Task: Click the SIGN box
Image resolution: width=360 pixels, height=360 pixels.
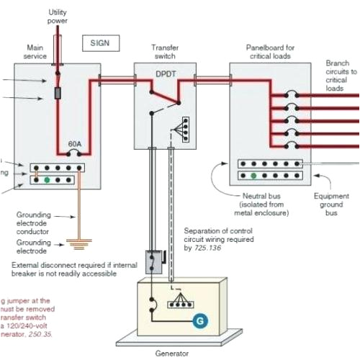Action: (x=99, y=42)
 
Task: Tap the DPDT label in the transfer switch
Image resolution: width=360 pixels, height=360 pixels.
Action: (x=166, y=73)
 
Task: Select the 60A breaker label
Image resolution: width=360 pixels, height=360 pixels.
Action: (x=74, y=144)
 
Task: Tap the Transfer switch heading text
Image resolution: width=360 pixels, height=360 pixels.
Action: (x=165, y=52)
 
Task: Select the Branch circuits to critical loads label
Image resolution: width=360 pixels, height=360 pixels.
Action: (x=341, y=76)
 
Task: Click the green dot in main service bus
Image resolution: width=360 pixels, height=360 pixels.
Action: (x=47, y=179)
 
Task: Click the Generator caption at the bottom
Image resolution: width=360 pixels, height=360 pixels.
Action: (x=176, y=354)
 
